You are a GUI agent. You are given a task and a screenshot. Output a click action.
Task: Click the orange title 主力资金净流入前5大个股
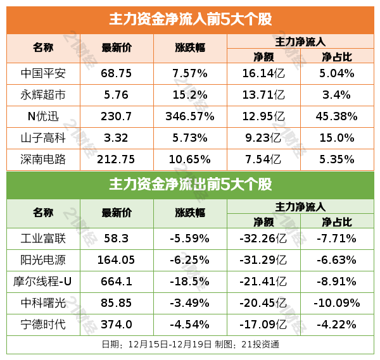point(190,20)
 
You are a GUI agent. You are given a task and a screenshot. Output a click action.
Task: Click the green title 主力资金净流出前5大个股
point(190,185)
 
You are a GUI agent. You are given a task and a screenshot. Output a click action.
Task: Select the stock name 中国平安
point(43,73)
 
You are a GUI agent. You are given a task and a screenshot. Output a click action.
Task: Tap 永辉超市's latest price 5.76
point(117,95)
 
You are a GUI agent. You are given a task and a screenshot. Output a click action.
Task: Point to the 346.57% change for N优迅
point(190,116)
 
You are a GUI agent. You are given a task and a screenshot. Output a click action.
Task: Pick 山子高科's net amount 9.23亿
point(262,138)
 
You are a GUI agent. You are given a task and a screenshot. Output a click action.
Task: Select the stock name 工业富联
point(43,239)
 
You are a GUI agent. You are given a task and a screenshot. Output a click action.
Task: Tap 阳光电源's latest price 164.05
point(117,260)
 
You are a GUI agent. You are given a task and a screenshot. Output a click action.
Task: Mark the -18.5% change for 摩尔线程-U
point(190,282)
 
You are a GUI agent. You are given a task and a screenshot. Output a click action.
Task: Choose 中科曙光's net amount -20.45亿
point(262,303)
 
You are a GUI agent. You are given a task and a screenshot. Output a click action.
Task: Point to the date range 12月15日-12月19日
point(169,345)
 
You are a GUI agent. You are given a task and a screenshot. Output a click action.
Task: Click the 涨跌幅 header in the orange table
point(190,47)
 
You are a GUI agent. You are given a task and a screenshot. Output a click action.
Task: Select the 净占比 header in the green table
point(336,222)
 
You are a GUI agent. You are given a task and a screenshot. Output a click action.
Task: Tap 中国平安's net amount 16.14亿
point(262,73)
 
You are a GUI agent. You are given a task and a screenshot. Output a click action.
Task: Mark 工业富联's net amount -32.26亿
point(262,239)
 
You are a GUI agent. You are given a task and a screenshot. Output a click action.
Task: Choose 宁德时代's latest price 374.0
point(117,324)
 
